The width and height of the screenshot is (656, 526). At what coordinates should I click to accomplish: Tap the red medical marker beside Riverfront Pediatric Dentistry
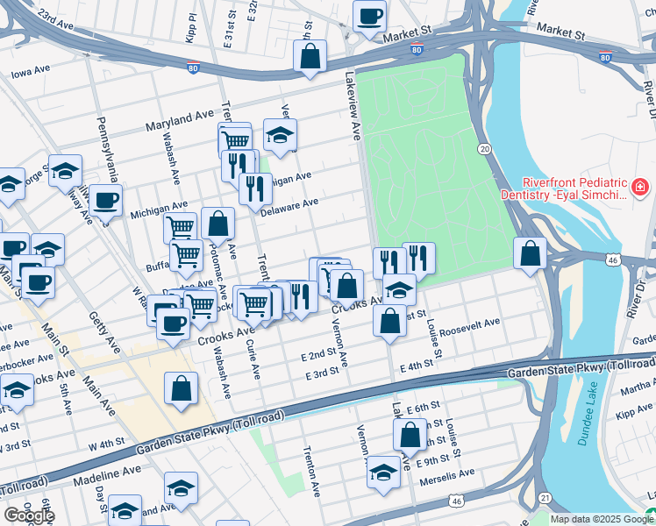[x=640, y=188]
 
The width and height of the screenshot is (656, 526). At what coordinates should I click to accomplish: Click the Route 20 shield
[x=483, y=150]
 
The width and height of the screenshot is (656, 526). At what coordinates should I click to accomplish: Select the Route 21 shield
[x=545, y=497]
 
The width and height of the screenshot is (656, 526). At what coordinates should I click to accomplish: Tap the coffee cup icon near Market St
[x=369, y=15]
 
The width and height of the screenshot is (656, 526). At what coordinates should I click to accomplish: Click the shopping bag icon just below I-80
[x=310, y=57]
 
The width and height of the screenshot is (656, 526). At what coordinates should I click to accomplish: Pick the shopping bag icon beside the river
[x=530, y=253]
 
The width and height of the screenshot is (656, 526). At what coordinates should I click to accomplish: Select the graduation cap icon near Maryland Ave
[x=280, y=135]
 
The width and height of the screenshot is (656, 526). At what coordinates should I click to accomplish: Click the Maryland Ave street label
[x=181, y=117]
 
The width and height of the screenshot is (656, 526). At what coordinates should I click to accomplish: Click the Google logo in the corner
[x=28, y=515]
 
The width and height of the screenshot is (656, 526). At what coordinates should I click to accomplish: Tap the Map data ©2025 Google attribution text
[x=601, y=519]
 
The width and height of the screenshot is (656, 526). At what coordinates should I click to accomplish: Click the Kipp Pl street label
[x=192, y=30]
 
